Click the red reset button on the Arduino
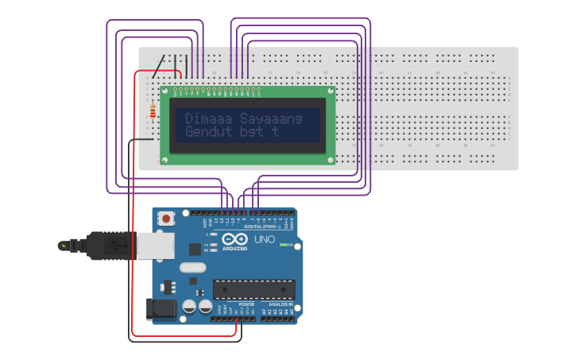pos(166,218)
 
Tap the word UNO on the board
pos(265,239)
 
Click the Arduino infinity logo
pos(235,239)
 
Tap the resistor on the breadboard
pos(153,112)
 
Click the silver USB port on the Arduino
pos(156,246)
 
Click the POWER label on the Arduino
pos(246,304)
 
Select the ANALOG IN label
pos(279,304)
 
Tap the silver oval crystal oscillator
pos(192,268)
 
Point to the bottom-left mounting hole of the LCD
pos(165,161)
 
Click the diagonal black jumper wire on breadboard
pos(160,67)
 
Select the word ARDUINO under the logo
pos(235,248)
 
